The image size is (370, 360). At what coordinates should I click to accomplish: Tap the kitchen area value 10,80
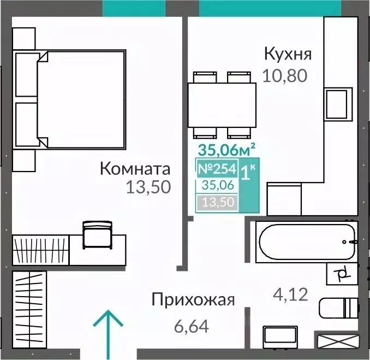tap(285, 75)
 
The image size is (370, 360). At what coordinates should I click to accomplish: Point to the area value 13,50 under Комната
tap(148, 188)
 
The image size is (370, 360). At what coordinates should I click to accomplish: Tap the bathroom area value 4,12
tap(290, 296)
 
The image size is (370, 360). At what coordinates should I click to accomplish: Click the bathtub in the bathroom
tap(306, 241)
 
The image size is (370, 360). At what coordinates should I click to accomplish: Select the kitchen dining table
tap(222, 105)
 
